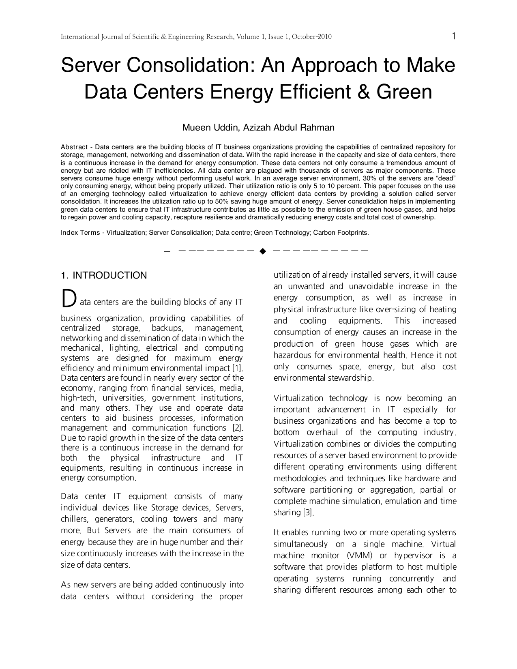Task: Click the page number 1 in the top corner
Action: [x=454, y=36]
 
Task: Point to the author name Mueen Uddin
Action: [x=206, y=128]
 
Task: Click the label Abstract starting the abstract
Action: [x=74, y=147]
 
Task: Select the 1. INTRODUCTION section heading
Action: [x=104, y=276]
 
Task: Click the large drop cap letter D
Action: [x=69, y=299]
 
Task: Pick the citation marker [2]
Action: [x=238, y=428]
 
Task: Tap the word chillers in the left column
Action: [x=74, y=519]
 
